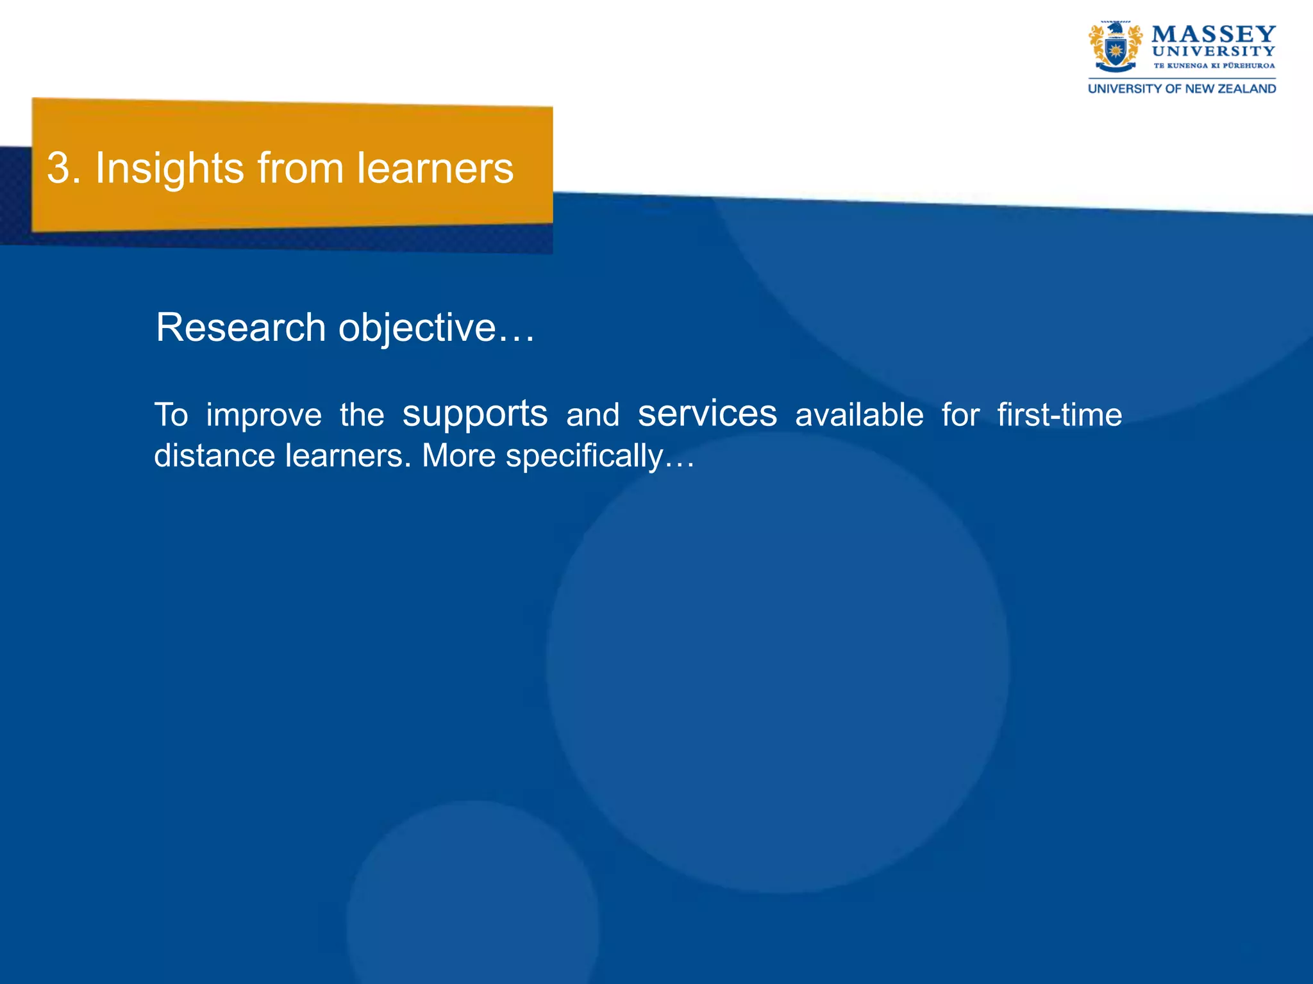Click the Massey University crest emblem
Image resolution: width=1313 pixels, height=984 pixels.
1115,47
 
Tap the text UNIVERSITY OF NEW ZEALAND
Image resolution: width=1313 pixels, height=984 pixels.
1182,89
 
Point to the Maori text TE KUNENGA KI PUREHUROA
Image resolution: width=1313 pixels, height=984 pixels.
1214,65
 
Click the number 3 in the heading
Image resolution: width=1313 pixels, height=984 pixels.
58,168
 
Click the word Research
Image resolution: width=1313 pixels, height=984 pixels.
241,327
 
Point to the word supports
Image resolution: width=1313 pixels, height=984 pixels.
474,414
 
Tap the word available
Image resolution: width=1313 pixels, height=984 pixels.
859,414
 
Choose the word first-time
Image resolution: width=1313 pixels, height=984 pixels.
1059,414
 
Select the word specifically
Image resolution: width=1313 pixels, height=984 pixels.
583,457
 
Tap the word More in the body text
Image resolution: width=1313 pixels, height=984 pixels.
458,455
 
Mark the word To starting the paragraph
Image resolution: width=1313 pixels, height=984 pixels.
171,414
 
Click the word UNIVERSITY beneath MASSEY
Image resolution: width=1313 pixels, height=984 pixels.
1213,51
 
